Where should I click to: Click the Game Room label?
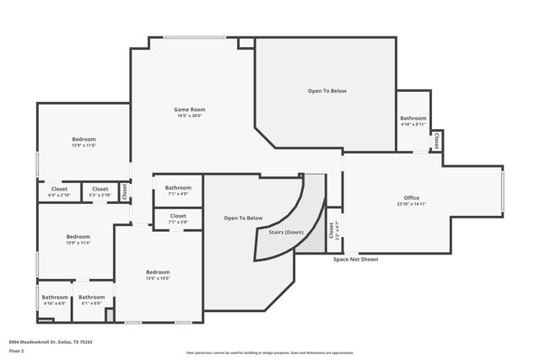(x=190, y=110)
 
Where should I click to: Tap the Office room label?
(x=412, y=197)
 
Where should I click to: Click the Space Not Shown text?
(x=355, y=260)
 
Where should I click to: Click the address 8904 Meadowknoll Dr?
(x=51, y=341)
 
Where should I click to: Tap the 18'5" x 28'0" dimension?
(x=190, y=116)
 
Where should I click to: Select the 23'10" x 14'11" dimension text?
(x=412, y=204)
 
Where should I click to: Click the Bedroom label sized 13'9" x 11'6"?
(x=84, y=139)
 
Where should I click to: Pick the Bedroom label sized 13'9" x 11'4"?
(x=78, y=237)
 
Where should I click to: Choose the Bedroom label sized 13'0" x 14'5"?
(x=158, y=271)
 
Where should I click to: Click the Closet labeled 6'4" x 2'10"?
(x=59, y=189)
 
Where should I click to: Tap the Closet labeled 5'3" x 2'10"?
(x=100, y=189)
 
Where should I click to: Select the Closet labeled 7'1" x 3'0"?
(x=178, y=216)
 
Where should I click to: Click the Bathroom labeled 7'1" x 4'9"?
(x=178, y=187)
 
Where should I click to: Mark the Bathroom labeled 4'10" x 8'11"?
(x=413, y=119)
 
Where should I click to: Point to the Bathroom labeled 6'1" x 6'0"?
(x=92, y=297)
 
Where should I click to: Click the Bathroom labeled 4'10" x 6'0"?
(x=55, y=297)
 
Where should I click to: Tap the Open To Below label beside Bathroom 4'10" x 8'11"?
(x=327, y=91)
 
